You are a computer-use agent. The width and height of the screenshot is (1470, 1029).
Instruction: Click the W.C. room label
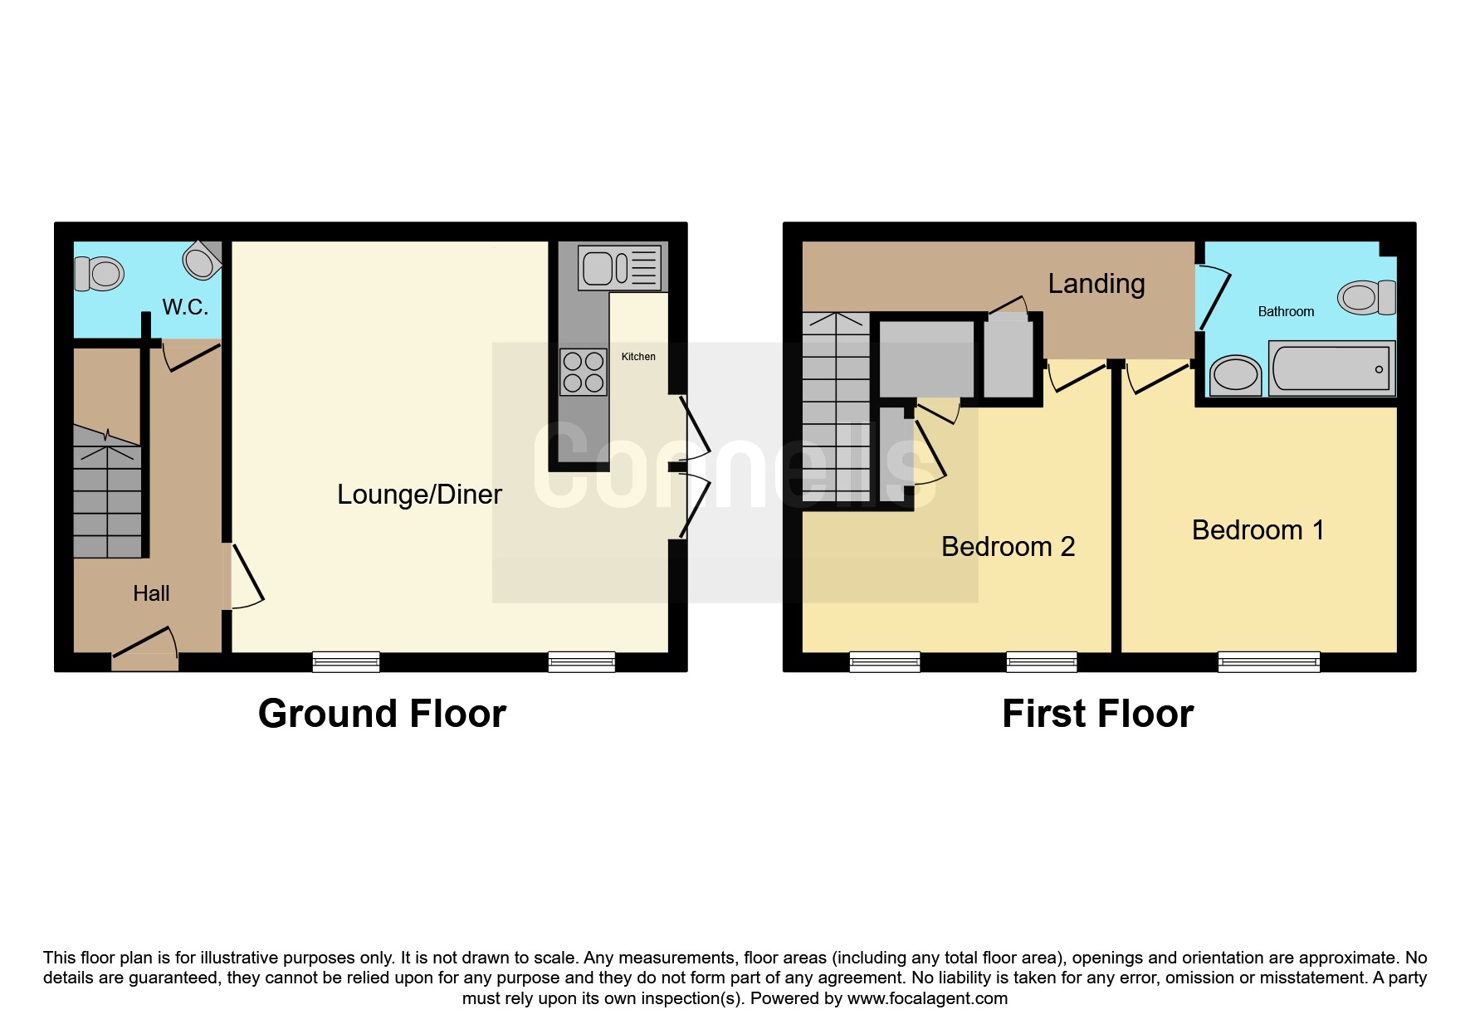pos(185,307)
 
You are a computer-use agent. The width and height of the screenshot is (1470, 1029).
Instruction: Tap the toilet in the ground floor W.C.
pos(99,273)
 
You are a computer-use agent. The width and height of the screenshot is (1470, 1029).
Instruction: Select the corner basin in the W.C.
pos(203,261)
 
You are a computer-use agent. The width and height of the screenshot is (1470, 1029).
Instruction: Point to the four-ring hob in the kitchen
pos(584,372)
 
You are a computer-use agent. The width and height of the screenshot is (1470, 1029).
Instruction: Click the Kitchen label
pos(638,357)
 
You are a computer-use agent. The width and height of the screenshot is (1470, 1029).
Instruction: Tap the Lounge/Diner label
pos(419,495)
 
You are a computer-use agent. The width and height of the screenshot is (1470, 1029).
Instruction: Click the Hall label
pos(151,593)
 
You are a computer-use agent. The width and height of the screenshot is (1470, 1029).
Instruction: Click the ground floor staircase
pos(107,491)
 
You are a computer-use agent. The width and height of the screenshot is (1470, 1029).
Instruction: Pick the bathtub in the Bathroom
pos(1331,368)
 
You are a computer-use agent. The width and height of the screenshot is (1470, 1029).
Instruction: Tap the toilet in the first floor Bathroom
pos(1366,297)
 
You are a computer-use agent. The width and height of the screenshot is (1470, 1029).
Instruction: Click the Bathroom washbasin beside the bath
pos(1236,376)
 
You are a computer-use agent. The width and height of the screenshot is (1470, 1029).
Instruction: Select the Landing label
pos(1096,284)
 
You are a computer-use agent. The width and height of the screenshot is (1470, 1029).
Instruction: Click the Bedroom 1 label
pos(1258,530)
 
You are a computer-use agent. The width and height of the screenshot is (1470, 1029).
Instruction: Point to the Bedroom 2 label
pos(1008,547)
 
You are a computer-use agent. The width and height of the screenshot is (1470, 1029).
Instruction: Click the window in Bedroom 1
pos(1269,662)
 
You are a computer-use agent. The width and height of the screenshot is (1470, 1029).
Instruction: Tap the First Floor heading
pos(1097,714)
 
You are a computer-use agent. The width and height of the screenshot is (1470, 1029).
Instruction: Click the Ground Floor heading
pos(382,714)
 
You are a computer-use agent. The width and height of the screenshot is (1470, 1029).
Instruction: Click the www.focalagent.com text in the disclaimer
pos(927,998)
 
